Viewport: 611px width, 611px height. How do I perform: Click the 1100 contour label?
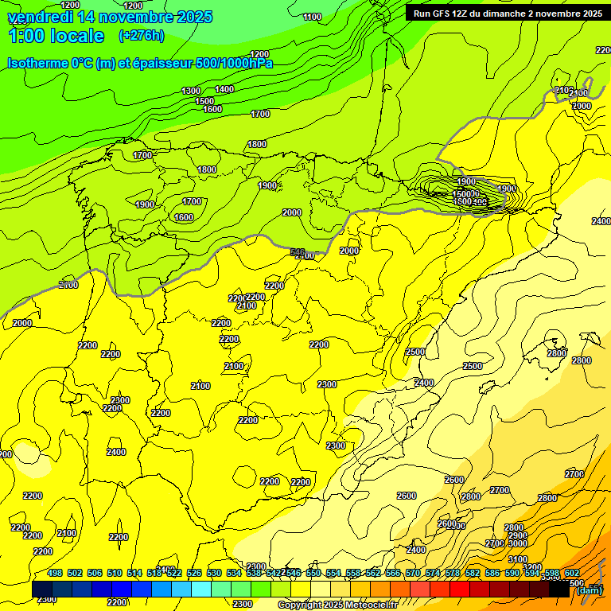click(x=313, y=17)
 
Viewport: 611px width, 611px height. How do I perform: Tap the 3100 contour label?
click(x=518, y=559)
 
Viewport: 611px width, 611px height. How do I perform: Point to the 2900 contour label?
click(x=518, y=535)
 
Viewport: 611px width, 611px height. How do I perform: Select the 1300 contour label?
click(x=191, y=91)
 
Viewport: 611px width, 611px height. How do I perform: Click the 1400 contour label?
click(x=224, y=89)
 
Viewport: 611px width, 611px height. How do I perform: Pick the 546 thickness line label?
click(x=298, y=252)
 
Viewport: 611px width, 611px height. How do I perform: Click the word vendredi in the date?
click(x=41, y=17)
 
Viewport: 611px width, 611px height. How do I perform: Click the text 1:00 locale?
click(x=56, y=36)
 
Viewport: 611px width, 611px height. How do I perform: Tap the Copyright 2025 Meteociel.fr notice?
click(x=337, y=605)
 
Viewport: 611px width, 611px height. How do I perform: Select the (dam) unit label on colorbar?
click(x=589, y=590)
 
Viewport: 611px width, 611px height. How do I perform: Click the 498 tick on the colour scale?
click(x=55, y=573)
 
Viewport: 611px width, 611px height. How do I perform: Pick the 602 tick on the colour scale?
click(x=572, y=573)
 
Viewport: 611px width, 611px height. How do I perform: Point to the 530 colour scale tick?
click(x=214, y=573)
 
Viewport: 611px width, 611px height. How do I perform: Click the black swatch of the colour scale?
click(x=559, y=590)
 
